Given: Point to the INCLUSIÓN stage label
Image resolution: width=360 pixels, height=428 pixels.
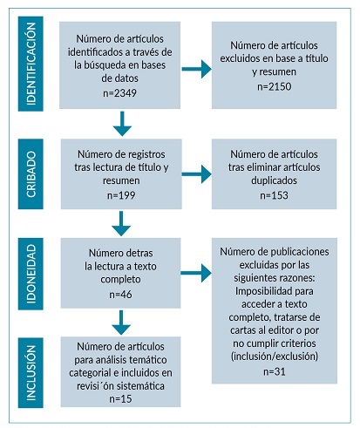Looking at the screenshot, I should [x=31, y=371].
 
